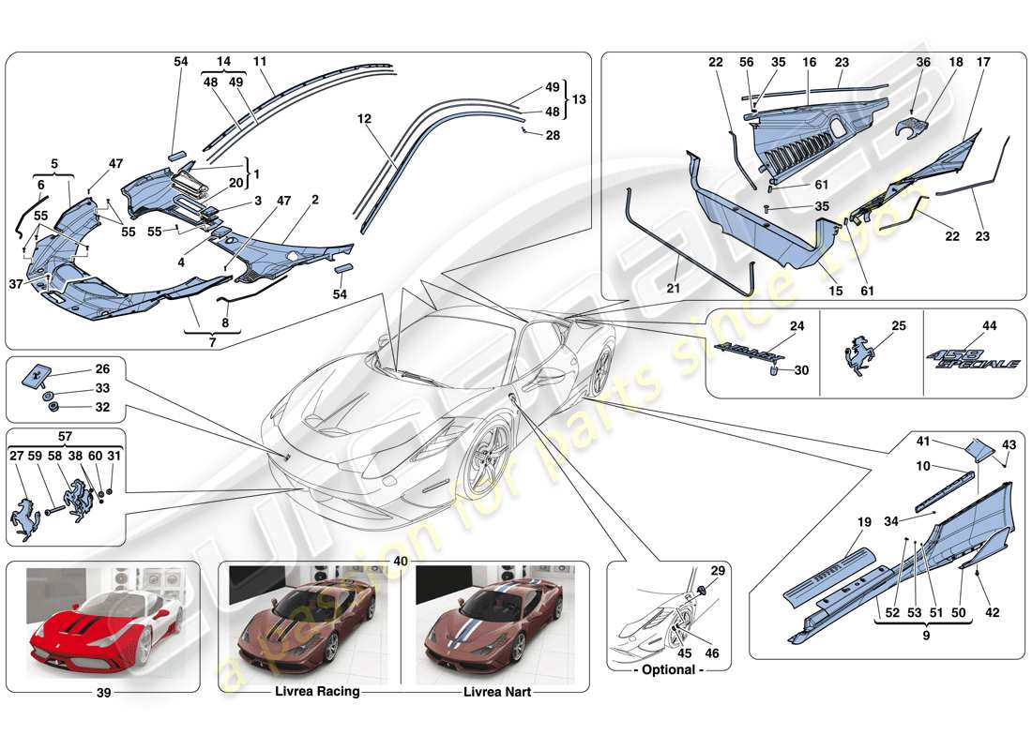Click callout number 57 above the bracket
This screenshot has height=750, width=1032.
pyautogui.click(x=64, y=437)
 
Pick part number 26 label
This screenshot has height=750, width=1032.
pyautogui.click(x=102, y=368)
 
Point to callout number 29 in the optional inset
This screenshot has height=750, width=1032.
pyautogui.click(x=717, y=571)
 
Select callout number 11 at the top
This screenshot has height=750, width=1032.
pyautogui.click(x=260, y=61)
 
